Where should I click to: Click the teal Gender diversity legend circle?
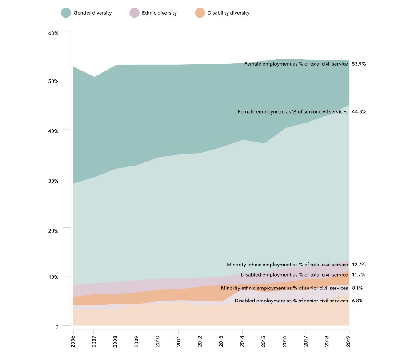click(x=66, y=13)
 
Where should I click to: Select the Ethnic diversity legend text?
click(x=159, y=13)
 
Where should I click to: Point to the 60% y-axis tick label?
click(x=53, y=33)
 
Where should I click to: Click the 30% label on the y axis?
click(x=53, y=181)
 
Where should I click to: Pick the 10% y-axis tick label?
click(x=53, y=277)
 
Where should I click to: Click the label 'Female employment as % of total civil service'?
click(x=296, y=64)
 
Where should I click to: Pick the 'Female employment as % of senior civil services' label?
click(x=293, y=112)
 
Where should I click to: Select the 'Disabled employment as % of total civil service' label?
click(x=294, y=275)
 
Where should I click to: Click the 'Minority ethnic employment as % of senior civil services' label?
click(x=284, y=288)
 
